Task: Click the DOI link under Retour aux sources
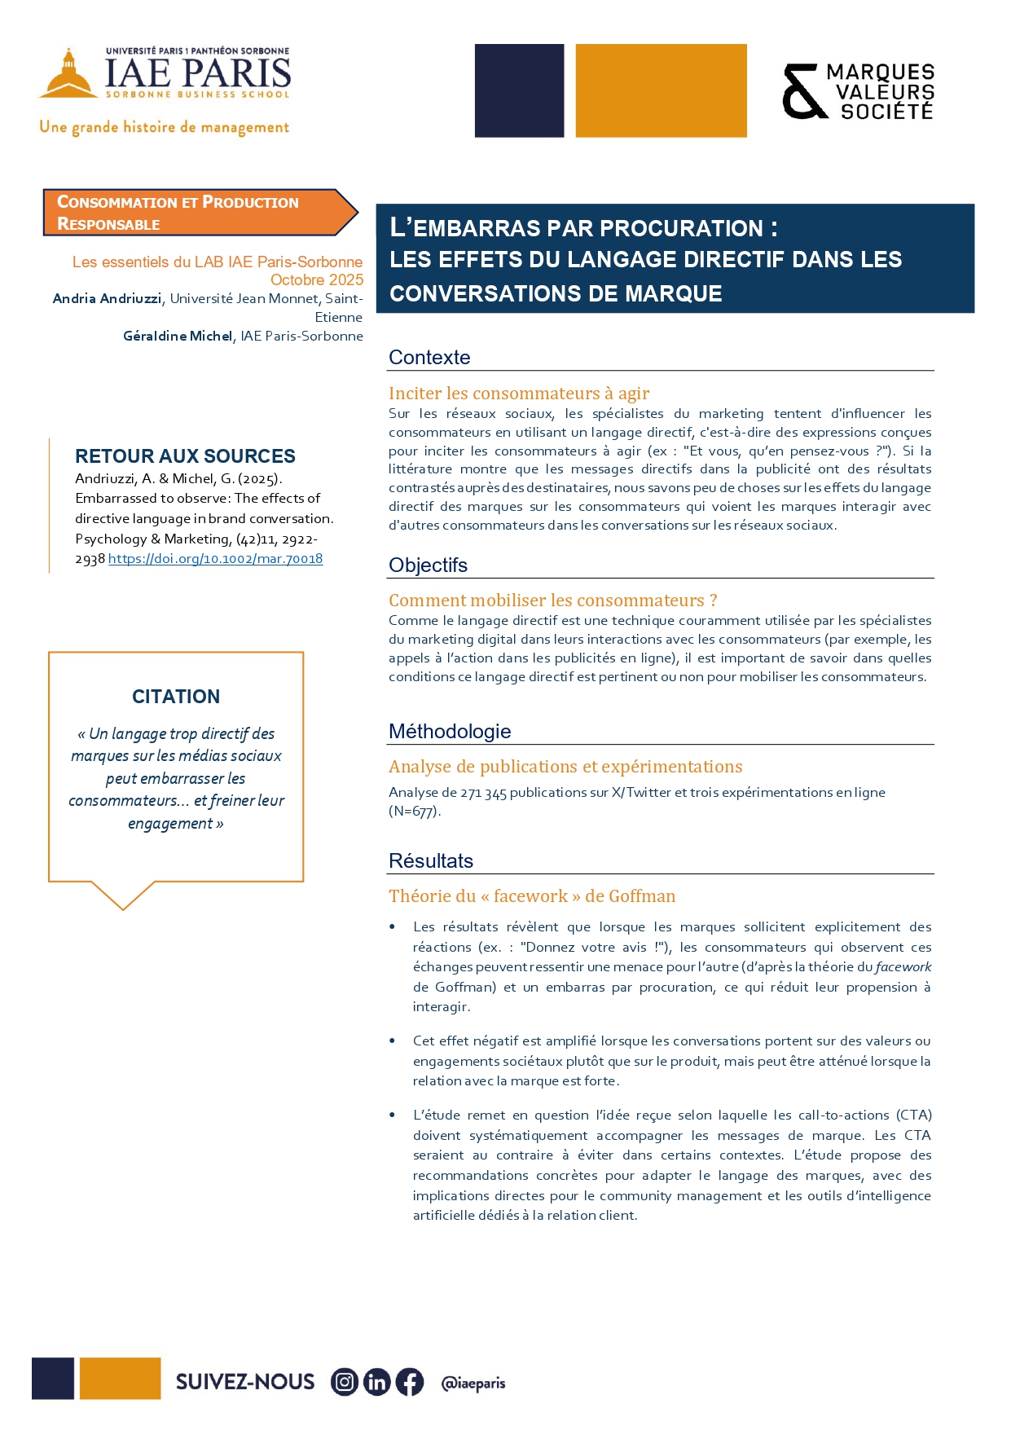pyautogui.click(x=215, y=559)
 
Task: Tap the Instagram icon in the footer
pyautogui.click(x=345, y=1382)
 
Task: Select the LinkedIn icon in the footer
pyautogui.click(x=377, y=1382)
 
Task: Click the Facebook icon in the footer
pyautogui.click(x=410, y=1382)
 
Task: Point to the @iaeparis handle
pyautogui.click(x=473, y=1383)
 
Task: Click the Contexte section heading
pyautogui.click(x=429, y=358)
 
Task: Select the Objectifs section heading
pyautogui.click(x=428, y=565)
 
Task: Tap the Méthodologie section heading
pyautogui.click(x=450, y=732)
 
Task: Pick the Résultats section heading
pyautogui.click(x=431, y=861)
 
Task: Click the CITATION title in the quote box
pyautogui.click(x=176, y=697)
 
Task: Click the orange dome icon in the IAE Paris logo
pyautogui.click(x=68, y=75)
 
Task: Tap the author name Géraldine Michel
pyautogui.click(x=178, y=337)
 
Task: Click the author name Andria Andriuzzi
pyautogui.click(x=107, y=299)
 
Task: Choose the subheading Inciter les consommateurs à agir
pyautogui.click(x=519, y=394)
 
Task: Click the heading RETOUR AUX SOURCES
pyautogui.click(x=185, y=456)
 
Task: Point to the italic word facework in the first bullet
pyautogui.click(x=903, y=967)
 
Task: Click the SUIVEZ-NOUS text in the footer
pyautogui.click(x=245, y=1382)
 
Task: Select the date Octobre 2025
pyautogui.click(x=317, y=280)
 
